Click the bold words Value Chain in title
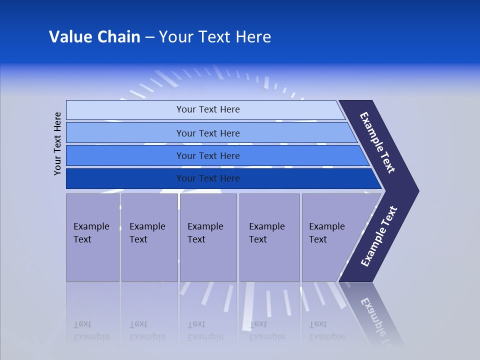94,37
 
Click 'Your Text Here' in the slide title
215,37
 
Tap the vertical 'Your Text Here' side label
57,143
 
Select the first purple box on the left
92,237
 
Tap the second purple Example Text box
149,237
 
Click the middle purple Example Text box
208,237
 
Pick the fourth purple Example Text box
269,237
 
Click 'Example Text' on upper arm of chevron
377,142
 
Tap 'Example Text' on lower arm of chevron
378,236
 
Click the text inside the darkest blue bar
208,178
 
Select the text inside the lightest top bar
208,109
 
